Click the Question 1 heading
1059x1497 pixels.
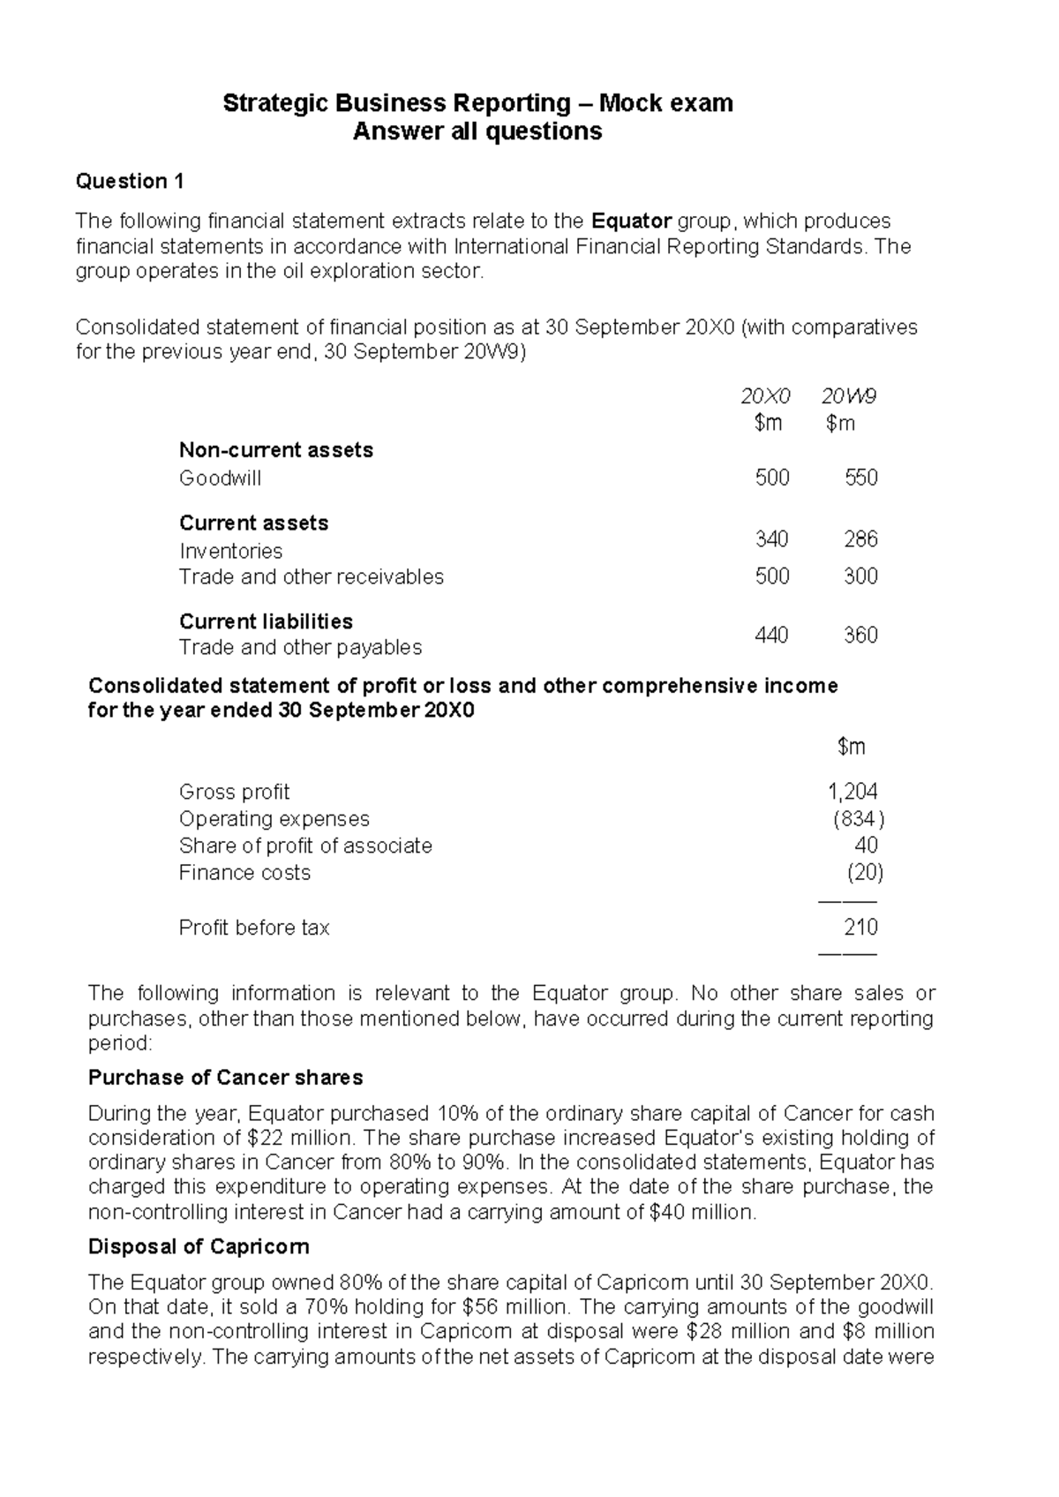130,182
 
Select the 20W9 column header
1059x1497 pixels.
848,396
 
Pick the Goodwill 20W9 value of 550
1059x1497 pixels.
860,478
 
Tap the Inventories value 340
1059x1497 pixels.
771,539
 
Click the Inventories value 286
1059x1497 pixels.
860,539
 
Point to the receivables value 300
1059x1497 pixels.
860,576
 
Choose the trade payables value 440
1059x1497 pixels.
771,636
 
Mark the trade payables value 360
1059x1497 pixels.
860,636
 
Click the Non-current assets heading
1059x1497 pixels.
275,450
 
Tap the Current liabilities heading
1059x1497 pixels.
266,621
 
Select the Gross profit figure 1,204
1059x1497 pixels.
852,792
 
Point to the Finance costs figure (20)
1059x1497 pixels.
865,873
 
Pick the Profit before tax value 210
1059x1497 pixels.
860,928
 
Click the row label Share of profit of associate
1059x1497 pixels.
305,846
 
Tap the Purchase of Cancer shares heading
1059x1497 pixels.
225,1078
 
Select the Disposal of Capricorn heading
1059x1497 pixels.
199,1247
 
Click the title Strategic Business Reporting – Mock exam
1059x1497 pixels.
477,103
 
